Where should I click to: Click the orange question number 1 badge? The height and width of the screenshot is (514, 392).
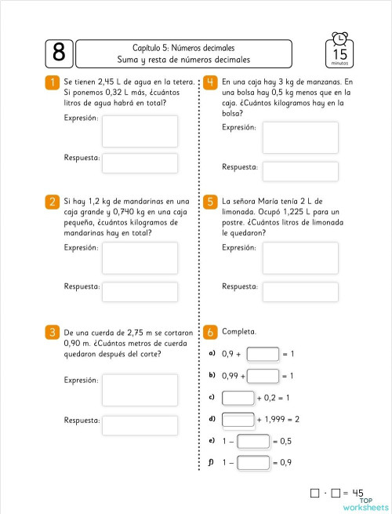point(52,82)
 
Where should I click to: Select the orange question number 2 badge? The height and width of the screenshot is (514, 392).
point(52,202)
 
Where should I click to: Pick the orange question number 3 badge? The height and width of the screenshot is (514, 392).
point(52,332)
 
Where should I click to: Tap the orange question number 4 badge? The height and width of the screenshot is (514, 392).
point(210,82)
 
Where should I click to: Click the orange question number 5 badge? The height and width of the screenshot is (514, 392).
point(210,202)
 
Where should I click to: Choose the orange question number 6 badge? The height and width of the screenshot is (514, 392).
point(210,332)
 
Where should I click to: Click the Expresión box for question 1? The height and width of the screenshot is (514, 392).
point(129,131)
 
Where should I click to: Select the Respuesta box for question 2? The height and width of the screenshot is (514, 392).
point(129,291)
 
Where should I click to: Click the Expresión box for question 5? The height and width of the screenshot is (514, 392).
point(299,257)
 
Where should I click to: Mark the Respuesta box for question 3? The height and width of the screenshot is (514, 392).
point(129,425)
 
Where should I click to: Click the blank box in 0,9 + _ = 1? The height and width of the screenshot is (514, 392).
point(263,354)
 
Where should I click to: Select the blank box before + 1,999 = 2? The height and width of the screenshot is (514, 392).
point(238,420)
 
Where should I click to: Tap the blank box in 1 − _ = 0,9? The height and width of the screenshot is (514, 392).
point(253,463)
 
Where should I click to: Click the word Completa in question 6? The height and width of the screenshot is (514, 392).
point(239,332)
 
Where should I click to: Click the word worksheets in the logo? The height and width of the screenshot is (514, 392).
point(365,506)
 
